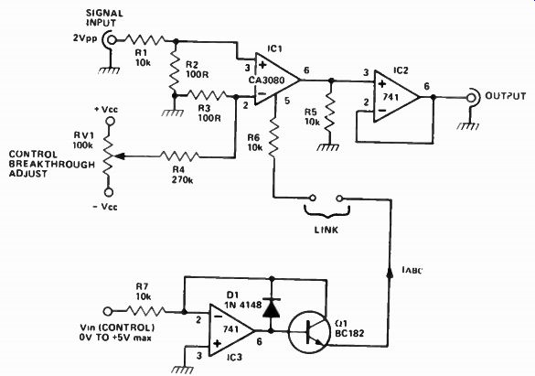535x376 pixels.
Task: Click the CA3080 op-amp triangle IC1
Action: click(277, 81)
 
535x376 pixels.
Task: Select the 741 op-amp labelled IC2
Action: click(396, 97)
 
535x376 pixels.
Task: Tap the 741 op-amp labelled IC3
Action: click(231, 330)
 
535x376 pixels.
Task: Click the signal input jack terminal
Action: click(111, 40)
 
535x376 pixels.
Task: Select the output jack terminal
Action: click(472, 98)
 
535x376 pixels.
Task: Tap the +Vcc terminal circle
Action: click(110, 121)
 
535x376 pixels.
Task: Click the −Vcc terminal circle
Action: click(109, 192)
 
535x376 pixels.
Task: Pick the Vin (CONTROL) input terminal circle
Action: click(108, 311)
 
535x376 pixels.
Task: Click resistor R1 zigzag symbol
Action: click(144, 40)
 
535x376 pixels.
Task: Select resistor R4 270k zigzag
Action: click(179, 156)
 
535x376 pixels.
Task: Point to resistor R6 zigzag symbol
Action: click(274, 136)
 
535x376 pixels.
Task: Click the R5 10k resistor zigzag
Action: click(330, 114)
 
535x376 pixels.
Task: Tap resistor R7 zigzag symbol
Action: click(146, 311)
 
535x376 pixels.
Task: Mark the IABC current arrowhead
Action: click(390, 272)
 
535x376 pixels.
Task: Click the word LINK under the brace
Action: click(326, 230)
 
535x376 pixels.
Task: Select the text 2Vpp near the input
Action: click(85, 38)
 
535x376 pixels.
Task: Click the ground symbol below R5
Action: click(328, 147)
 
